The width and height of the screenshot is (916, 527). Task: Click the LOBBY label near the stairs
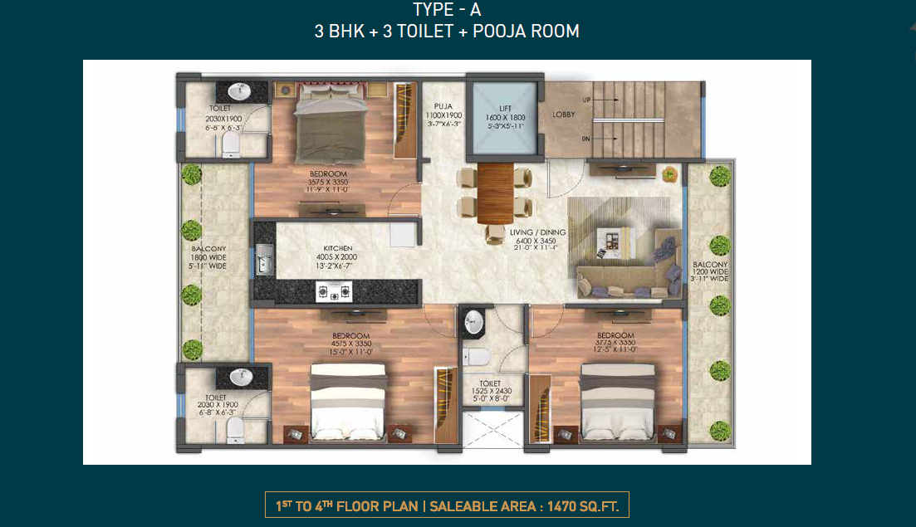(564, 115)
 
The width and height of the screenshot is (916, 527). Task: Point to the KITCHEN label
(339, 248)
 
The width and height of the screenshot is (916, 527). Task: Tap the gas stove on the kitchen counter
(333, 291)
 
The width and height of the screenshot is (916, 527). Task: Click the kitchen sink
(265, 259)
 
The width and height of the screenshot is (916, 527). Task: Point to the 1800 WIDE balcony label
(209, 257)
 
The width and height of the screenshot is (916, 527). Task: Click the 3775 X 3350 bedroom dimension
(616, 343)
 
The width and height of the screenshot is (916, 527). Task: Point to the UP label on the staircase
(587, 100)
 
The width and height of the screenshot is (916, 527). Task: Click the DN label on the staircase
(587, 139)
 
